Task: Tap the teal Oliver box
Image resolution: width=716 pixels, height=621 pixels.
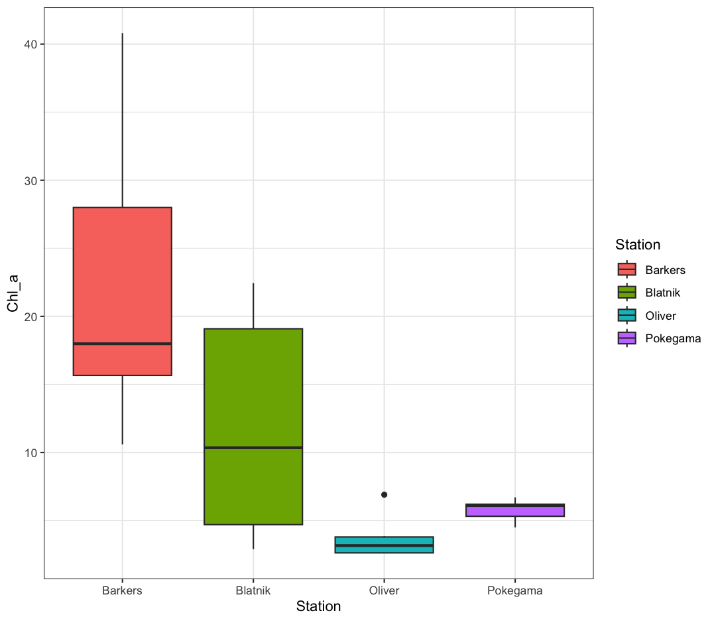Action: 384,545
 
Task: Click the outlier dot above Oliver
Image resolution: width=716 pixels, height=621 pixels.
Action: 384,495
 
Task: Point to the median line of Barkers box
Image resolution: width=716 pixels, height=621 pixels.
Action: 122,344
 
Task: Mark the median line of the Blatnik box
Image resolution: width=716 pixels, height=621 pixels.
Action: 253,448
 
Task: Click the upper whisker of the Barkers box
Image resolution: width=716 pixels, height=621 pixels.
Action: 122,119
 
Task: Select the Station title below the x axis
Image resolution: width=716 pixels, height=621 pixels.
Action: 318,606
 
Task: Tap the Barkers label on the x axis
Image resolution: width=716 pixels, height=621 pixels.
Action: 122,590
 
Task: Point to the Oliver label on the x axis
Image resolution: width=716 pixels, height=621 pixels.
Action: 384,590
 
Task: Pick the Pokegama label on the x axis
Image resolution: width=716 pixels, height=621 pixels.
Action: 515,590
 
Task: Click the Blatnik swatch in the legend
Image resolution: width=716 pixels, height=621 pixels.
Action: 626,293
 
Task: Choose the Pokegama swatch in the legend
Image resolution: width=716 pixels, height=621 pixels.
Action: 626,338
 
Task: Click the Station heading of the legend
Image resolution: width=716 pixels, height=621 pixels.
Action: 637,245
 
